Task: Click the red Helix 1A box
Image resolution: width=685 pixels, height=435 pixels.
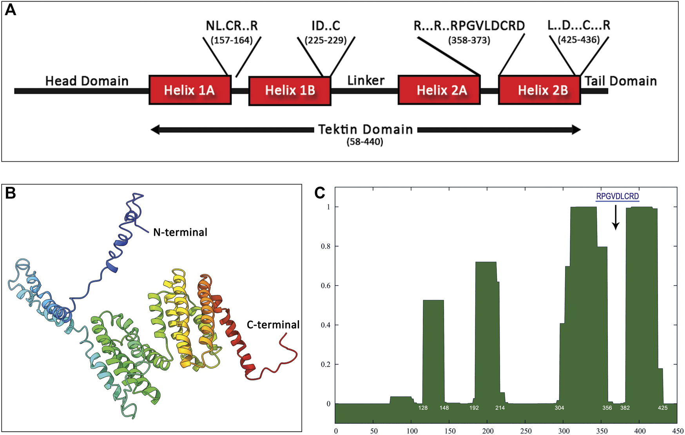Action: click(190, 90)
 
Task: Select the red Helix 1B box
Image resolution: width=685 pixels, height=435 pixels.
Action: click(290, 91)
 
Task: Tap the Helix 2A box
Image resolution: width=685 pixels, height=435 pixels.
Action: click(439, 90)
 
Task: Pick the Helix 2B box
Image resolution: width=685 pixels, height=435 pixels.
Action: click(540, 90)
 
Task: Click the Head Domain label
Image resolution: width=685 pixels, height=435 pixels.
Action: click(87, 81)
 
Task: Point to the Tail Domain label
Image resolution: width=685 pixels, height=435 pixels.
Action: click(621, 81)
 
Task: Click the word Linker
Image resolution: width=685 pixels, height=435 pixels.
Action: click(366, 81)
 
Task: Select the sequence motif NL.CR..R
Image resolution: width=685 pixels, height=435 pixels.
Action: click(232, 26)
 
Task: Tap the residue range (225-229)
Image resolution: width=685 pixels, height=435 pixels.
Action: click(326, 40)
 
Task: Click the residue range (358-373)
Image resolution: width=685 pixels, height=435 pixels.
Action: click(469, 40)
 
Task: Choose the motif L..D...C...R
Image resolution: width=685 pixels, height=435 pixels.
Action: click(579, 25)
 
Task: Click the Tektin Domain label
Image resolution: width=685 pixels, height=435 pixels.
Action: click(365, 129)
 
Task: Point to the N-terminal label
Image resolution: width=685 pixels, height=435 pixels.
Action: click(180, 232)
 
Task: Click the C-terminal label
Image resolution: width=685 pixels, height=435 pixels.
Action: click(273, 325)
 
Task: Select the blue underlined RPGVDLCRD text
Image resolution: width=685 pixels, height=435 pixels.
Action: click(617, 197)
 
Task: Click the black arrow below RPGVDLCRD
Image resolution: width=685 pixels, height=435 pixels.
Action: click(616, 217)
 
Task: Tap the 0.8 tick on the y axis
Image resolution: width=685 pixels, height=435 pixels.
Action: click(325, 246)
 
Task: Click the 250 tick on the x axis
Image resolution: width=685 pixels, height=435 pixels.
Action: click(526, 431)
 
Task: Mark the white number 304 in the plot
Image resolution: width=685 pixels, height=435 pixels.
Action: click(559, 408)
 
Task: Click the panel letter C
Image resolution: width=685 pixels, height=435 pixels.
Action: click(320, 193)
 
